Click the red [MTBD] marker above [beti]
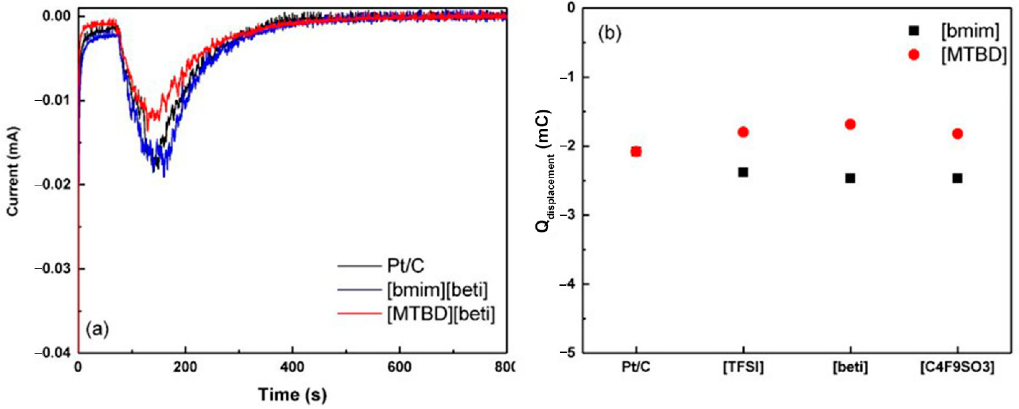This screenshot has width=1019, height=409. (x=850, y=124)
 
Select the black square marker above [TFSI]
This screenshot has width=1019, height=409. (x=743, y=172)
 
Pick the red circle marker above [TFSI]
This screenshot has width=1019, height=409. (x=743, y=132)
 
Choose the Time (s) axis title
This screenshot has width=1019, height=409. (x=292, y=395)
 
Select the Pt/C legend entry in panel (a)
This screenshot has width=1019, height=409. (x=405, y=266)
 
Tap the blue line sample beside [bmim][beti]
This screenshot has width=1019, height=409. (x=358, y=290)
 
